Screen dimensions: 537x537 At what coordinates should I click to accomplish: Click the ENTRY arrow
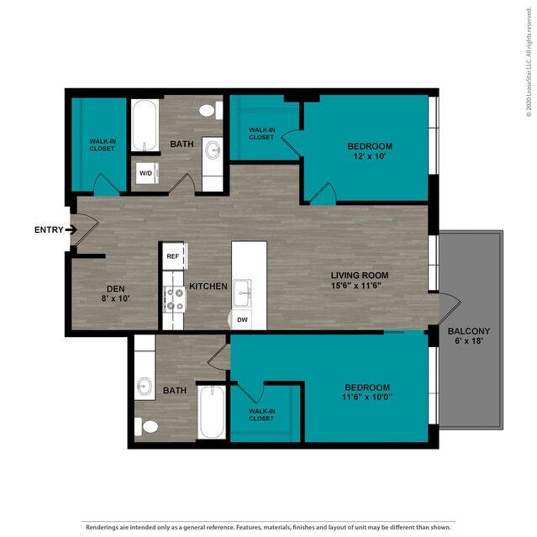coord(71,229)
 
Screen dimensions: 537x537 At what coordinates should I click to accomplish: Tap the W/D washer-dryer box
coord(147,173)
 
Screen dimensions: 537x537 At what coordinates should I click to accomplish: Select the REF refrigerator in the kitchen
coord(174,256)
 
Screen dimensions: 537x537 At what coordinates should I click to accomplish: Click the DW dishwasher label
coord(242,320)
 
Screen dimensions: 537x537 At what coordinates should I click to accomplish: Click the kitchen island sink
coord(242,293)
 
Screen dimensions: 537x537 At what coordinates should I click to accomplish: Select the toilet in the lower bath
coord(146,426)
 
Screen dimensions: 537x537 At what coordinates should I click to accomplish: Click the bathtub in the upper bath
coord(145,125)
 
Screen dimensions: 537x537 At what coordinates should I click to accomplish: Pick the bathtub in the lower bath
coord(212,412)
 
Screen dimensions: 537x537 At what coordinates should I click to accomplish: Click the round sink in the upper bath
coord(213,150)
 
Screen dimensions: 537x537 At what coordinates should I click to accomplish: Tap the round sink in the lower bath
coord(145,387)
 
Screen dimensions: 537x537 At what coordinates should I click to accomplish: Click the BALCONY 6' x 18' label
coord(469,336)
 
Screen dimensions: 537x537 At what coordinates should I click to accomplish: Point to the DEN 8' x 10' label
coord(116,293)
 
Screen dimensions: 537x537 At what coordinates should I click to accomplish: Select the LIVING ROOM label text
coord(360,276)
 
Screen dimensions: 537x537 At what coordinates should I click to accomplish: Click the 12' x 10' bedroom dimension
coord(370,156)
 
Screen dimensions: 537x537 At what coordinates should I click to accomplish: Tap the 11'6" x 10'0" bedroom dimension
coord(367,397)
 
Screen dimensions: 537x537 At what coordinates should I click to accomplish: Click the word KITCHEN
coord(208,287)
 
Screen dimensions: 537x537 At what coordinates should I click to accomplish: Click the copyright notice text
coord(529,62)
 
